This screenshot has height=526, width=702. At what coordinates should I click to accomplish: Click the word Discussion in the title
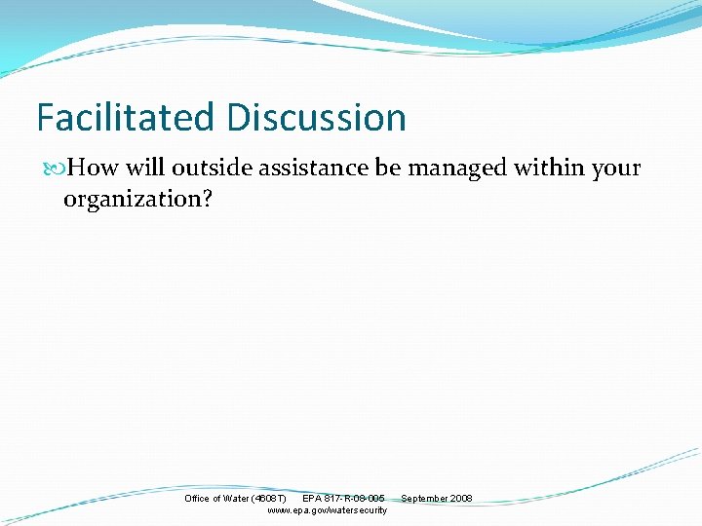pyautogui.click(x=316, y=118)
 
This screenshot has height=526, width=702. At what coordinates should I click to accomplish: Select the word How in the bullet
pyautogui.click(x=93, y=169)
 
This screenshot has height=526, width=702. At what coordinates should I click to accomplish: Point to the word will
pyautogui.click(x=144, y=169)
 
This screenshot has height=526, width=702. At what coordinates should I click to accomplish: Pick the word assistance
pyautogui.click(x=318, y=169)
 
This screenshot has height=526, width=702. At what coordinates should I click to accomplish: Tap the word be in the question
pyautogui.click(x=388, y=169)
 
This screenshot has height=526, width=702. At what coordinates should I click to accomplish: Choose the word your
pyautogui.click(x=616, y=169)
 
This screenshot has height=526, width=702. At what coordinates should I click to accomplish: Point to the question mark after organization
pyautogui.click(x=206, y=200)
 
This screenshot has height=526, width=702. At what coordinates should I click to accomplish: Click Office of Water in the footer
pyautogui.click(x=216, y=499)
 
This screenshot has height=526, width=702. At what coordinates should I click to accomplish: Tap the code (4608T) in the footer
pyautogui.click(x=268, y=499)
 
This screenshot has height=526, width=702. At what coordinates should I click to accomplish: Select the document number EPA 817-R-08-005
pyautogui.click(x=343, y=499)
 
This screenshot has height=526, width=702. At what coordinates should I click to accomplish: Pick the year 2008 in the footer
pyautogui.click(x=461, y=499)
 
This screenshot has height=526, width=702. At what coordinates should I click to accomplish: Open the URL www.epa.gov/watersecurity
pyautogui.click(x=327, y=510)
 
